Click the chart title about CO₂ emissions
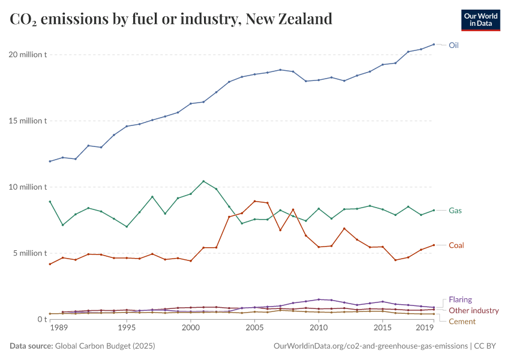171,19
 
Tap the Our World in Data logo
480,20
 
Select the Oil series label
454,45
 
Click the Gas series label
455,211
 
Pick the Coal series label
456,245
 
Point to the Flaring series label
460,299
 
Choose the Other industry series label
474,311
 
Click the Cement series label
462,322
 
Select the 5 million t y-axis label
28,253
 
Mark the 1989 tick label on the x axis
58,329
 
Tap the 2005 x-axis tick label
255,329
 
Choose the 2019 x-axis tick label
425,329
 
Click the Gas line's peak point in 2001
203,181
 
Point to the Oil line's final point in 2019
434,44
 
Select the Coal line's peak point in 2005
255,201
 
